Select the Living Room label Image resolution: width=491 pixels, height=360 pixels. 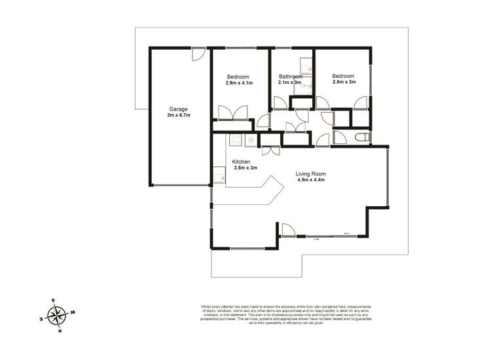click(x=311, y=173)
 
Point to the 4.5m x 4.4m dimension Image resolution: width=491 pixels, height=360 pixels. click(x=311, y=180)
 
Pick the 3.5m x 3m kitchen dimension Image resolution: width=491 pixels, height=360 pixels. click(x=245, y=168)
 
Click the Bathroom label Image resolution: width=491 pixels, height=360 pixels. click(x=290, y=76)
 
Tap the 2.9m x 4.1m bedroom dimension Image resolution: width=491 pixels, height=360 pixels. click(x=240, y=83)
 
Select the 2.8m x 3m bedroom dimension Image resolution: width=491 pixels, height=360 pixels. click(x=344, y=82)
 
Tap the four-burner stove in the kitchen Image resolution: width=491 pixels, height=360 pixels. click(x=236, y=139)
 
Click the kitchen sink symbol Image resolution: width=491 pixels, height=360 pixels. click(x=219, y=175)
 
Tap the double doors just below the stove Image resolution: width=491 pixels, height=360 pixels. click(x=270, y=151)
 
